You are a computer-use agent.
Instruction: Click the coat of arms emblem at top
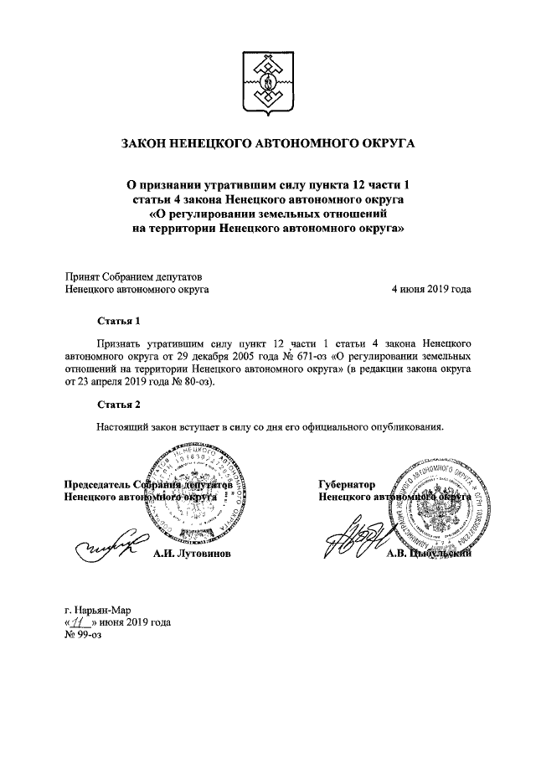[269, 83]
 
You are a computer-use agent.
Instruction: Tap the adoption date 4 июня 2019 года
[430, 289]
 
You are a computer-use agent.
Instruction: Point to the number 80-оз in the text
[196, 382]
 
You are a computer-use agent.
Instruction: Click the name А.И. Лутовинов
[191, 554]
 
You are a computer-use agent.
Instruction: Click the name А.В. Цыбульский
[429, 554]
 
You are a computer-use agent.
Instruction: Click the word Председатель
[102, 484]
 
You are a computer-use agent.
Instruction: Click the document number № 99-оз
[83, 637]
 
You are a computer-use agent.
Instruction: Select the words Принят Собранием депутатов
[134, 276]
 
